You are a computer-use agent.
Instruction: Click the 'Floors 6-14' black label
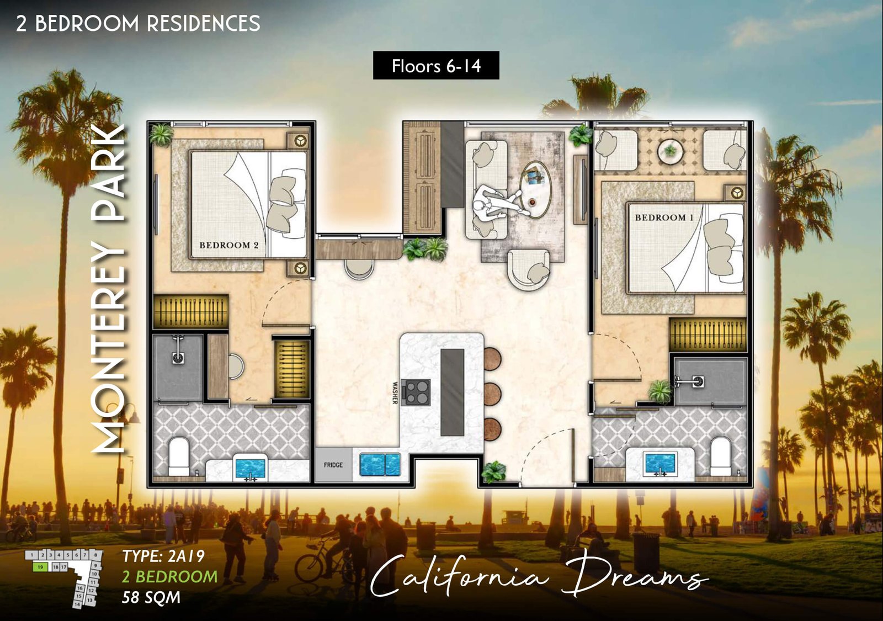click(x=436, y=66)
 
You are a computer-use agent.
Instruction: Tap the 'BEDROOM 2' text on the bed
click(x=228, y=245)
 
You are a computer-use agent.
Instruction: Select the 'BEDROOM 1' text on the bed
click(x=663, y=217)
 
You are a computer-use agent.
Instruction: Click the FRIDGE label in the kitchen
click(x=333, y=465)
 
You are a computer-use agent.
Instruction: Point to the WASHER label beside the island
click(x=395, y=392)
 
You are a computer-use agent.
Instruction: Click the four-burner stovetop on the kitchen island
click(x=417, y=392)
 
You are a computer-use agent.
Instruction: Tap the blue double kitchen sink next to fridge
click(x=380, y=464)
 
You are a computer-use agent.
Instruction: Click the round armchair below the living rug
click(x=529, y=269)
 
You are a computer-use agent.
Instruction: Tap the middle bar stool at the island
click(x=491, y=394)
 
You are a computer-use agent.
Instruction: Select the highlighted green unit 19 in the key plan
click(x=40, y=567)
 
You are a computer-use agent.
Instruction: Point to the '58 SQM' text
click(x=151, y=597)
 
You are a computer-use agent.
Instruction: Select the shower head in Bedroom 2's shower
click(x=178, y=357)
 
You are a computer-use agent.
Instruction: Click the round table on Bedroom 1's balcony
click(x=670, y=150)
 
